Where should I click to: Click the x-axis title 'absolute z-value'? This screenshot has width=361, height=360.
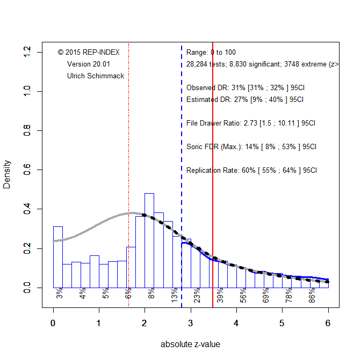(x=190, y=344)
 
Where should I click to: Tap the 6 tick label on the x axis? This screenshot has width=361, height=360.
(x=328, y=323)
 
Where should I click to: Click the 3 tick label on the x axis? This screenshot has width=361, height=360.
(x=191, y=323)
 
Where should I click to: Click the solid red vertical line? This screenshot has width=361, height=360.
(x=213, y=161)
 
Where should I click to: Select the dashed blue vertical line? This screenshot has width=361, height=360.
(x=182, y=161)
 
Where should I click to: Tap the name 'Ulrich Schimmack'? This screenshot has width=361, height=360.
(x=96, y=76)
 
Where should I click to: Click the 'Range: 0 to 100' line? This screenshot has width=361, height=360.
(x=211, y=53)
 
